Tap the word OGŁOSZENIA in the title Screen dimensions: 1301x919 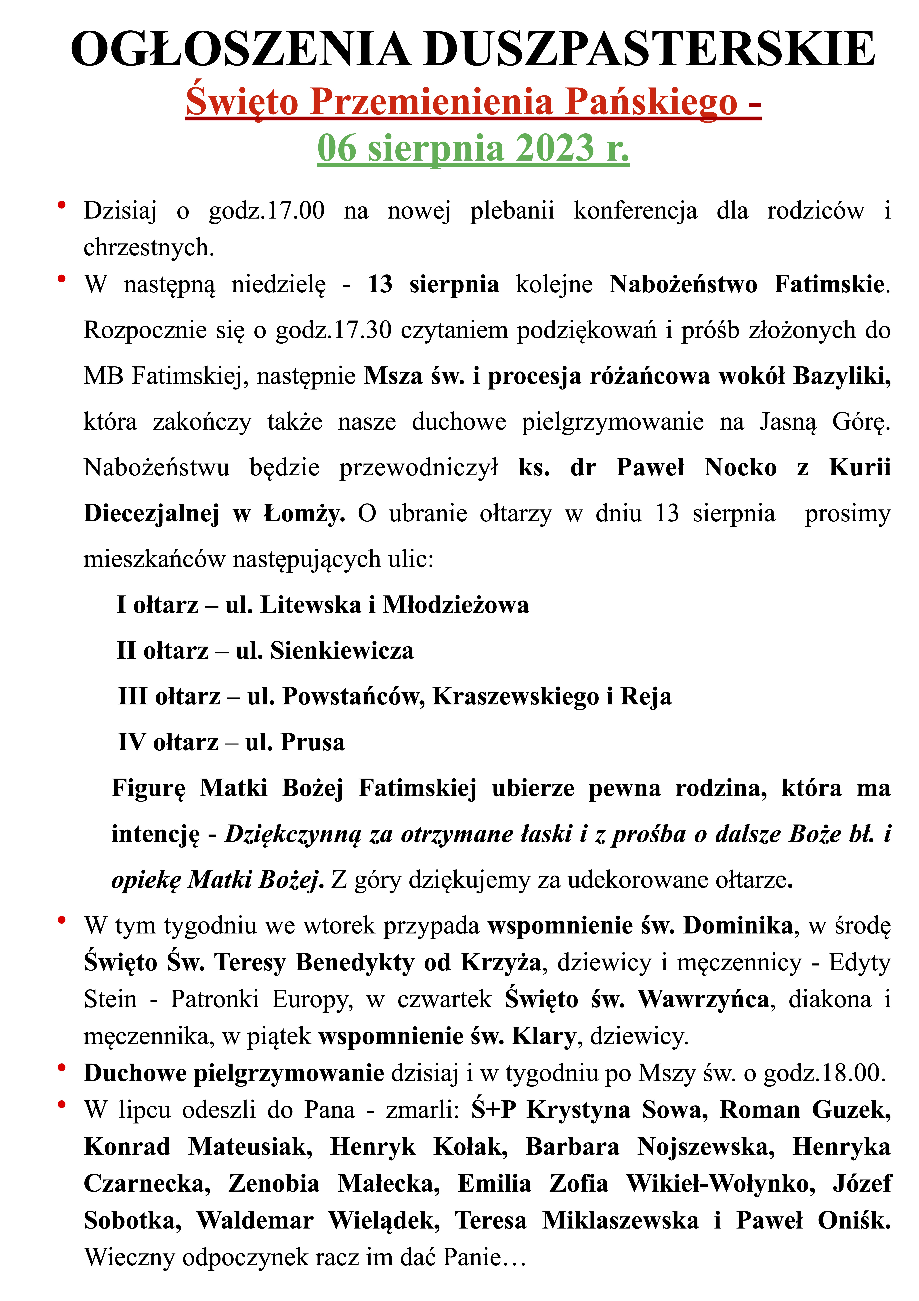click(241, 50)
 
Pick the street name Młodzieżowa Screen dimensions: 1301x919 click(456, 605)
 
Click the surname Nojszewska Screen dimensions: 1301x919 click(705, 1147)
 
